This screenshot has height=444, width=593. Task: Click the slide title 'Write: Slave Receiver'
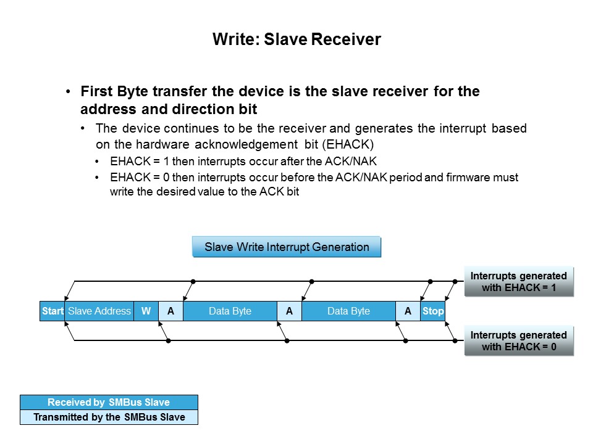pos(296,40)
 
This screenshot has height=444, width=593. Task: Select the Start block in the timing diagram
pos(53,311)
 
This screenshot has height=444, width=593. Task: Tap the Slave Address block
pos(99,311)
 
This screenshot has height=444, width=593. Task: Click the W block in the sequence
pos(146,311)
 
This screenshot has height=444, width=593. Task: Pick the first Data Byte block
pos(230,311)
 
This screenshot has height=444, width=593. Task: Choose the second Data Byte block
pos(348,311)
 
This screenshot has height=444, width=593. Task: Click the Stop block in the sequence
pos(432,311)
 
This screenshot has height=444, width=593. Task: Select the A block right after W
pos(171,311)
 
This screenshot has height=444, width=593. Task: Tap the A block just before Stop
pos(408,311)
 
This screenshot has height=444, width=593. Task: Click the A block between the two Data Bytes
pos(289,311)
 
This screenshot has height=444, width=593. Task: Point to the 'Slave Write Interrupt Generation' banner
pos(287,247)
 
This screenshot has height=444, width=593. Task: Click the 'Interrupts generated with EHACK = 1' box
pos(519,282)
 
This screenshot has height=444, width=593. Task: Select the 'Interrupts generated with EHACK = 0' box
pos(519,341)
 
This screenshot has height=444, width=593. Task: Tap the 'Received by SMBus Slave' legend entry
pos(109,403)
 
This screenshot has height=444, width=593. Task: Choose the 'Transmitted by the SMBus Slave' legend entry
pos(109,417)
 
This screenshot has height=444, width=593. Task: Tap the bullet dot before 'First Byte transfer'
pos(69,92)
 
